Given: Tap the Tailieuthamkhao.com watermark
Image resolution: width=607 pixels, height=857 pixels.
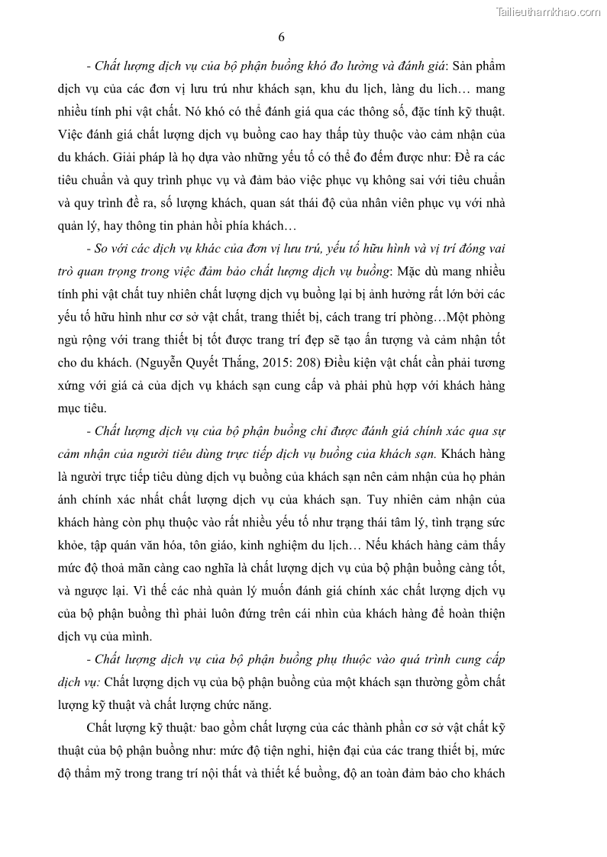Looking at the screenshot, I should click(548, 11).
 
